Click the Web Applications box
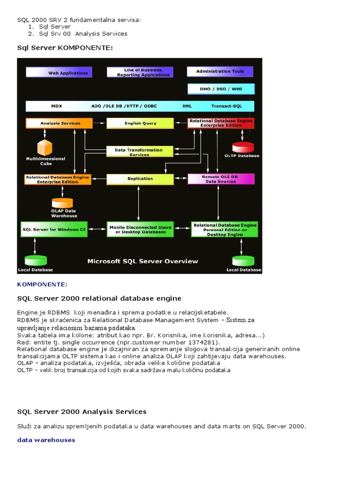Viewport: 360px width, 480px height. [59, 72]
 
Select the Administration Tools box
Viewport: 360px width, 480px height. [220, 71]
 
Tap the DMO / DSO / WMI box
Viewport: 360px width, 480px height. [221, 89]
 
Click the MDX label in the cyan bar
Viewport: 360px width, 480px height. [57, 106]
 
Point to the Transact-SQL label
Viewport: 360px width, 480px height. [226, 106]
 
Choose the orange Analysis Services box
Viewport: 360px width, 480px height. [59, 123]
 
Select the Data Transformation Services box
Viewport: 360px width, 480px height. [139, 152]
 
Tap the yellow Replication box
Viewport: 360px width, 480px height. [140, 179]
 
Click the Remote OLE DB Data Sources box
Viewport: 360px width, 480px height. [221, 179]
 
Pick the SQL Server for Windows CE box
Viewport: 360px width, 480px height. [54, 229]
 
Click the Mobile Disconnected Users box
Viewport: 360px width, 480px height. [140, 229]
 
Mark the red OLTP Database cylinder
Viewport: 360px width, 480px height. [243, 147]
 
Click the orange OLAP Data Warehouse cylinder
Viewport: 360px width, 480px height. [62, 203]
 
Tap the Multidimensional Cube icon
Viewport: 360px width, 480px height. [45, 148]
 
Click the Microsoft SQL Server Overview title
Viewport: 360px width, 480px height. [142, 261]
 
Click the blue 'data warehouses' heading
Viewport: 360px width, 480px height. [46, 440]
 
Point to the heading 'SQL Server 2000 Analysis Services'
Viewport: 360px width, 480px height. [82, 412]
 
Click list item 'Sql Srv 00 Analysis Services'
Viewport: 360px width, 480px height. [83, 34]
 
